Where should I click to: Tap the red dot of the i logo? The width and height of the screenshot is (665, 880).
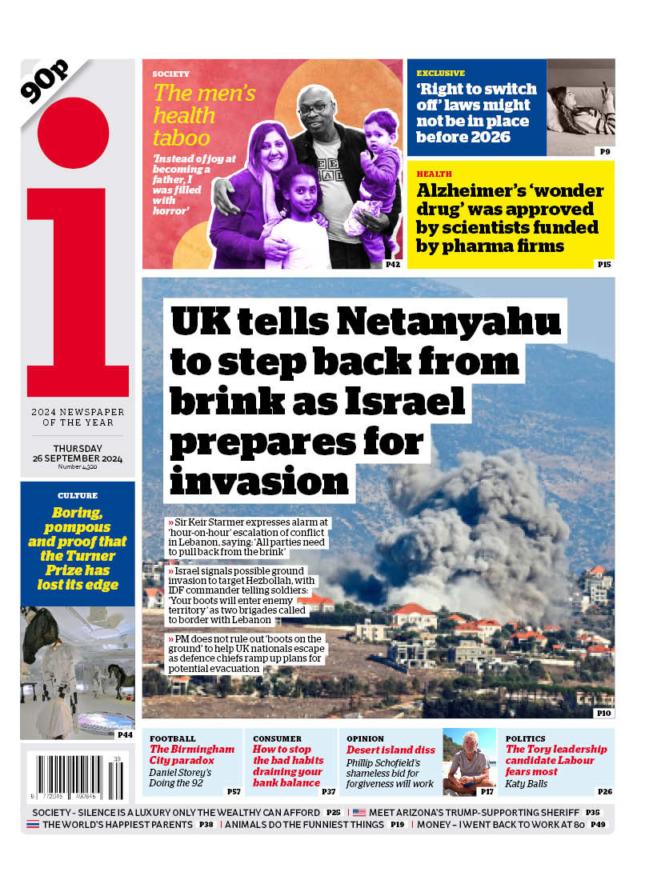click(73, 134)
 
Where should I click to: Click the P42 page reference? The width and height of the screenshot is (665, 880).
click(392, 264)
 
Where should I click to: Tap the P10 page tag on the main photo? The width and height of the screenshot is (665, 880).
click(603, 712)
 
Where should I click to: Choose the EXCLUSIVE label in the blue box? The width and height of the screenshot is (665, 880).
click(440, 74)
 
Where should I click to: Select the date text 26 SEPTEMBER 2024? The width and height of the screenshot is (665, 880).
click(78, 458)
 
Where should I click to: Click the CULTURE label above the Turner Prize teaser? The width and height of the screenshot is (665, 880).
click(78, 496)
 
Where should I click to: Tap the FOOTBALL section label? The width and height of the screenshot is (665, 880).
click(172, 738)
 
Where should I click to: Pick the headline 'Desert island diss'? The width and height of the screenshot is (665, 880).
click(391, 750)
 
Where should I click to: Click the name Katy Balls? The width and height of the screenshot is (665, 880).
click(527, 783)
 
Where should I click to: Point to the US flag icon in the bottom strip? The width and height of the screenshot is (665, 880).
click(359, 812)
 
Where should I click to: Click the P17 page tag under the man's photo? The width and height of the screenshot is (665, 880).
click(487, 791)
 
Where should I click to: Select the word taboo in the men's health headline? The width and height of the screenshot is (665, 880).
click(182, 137)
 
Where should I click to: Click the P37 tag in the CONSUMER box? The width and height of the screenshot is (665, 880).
click(328, 791)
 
